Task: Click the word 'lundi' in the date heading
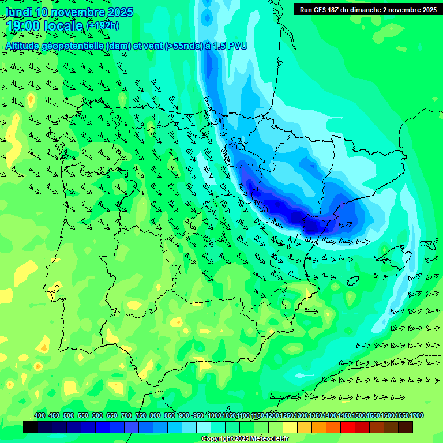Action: coord(18,12)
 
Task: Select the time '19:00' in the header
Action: coord(22,26)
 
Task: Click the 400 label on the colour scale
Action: coord(40,416)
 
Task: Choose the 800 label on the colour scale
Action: coord(155,416)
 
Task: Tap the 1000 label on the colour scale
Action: coord(214,416)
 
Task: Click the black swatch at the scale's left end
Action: coord(31,427)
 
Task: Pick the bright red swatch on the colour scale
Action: coord(348,427)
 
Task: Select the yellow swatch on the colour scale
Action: coord(290,427)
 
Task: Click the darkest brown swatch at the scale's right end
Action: coord(406,427)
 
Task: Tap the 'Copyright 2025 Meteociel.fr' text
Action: coord(245,439)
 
